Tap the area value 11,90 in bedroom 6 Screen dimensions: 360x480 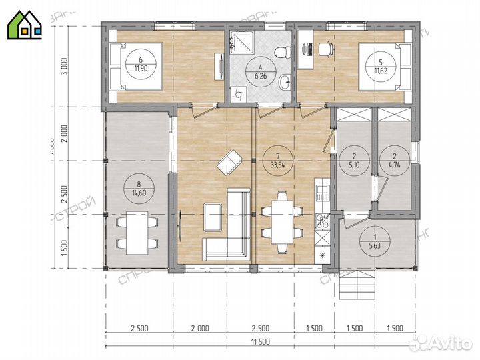click(x=141, y=68)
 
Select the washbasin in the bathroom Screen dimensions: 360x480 click(x=285, y=83)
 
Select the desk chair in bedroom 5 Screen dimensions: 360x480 click(x=325, y=49)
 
